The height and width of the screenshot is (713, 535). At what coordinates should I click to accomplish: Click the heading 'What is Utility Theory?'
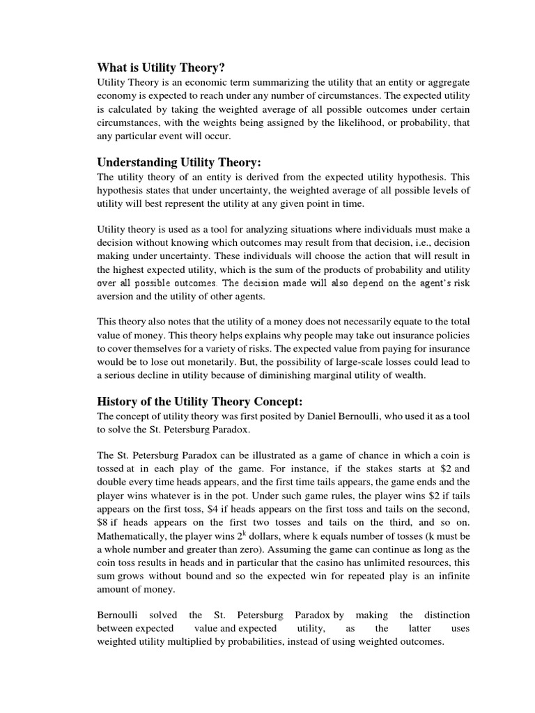click(162, 67)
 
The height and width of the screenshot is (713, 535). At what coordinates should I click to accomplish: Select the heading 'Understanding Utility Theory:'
click(179, 162)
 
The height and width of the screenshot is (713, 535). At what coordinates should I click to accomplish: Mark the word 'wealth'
click(408, 375)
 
